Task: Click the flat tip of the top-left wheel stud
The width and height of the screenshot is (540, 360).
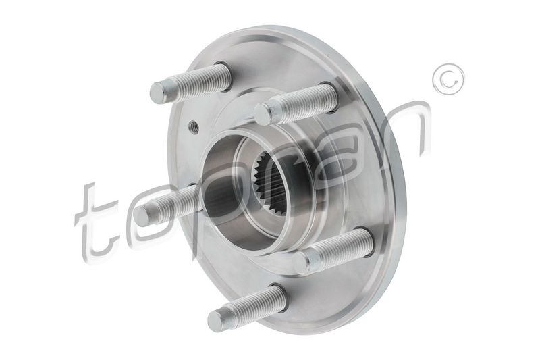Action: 158,93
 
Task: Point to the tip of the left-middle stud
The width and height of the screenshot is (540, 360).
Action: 142,215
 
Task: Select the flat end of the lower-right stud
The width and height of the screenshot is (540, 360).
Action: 300,263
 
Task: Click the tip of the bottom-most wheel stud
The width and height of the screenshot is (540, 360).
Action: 216,321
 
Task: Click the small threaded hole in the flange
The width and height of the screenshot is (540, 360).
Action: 194,128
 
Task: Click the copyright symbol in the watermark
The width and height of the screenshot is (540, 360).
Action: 448,79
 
